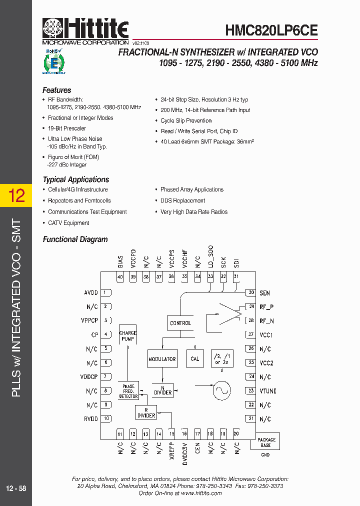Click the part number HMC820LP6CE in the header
click(271, 30)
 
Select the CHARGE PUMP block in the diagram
click(127, 336)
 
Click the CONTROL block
click(180, 323)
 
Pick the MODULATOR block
click(162, 358)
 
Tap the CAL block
click(195, 358)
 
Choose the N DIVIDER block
click(162, 389)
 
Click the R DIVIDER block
click(146, 412)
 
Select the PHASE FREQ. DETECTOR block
click(128, 391)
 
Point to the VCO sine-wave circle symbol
click(220, 390)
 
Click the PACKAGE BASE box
click(266, 442)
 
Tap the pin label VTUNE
click(268, 391)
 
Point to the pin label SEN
click(264, 293)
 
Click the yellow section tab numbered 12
click(16, 195)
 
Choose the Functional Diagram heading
click(75, 239)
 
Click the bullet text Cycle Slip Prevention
click(186, 120)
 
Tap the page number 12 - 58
click(16, 488)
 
